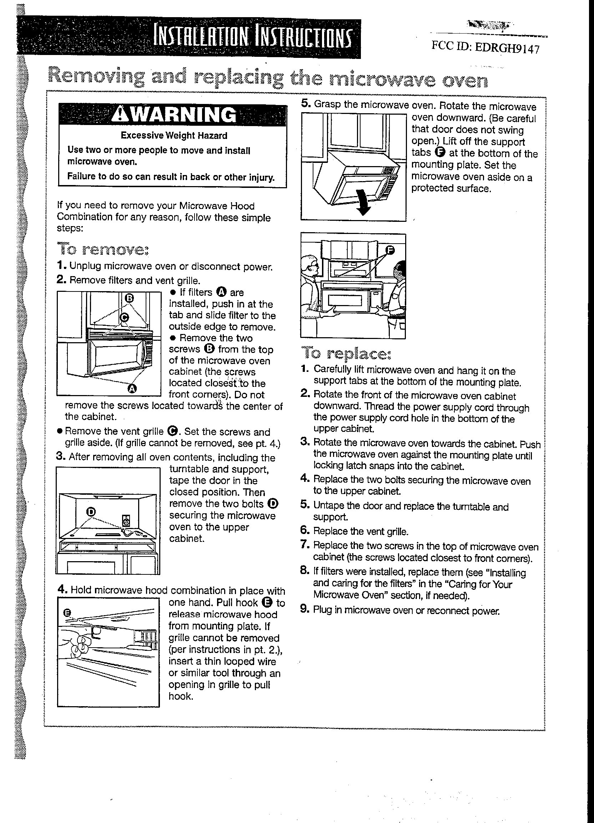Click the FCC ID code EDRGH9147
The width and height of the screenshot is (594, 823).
pyautogui.click(x=507, y=47)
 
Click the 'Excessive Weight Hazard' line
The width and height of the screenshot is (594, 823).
pyautogui.click(x=174, y=136)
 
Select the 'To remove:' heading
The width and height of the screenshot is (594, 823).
pyautogui.click(x=103, y=250)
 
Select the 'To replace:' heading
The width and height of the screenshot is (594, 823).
pyautogui.click(x=346, y=353)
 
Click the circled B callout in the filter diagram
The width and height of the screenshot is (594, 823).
pyautogui.click(x=130, y=298)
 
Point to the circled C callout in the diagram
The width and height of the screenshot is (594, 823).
pyautogui.click(x=124, y=317)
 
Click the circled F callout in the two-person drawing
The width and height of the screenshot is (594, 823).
pyautogui.click(x=390, y=250)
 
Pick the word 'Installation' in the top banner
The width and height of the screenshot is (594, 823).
pyautogui.click(x=202, y=38)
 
